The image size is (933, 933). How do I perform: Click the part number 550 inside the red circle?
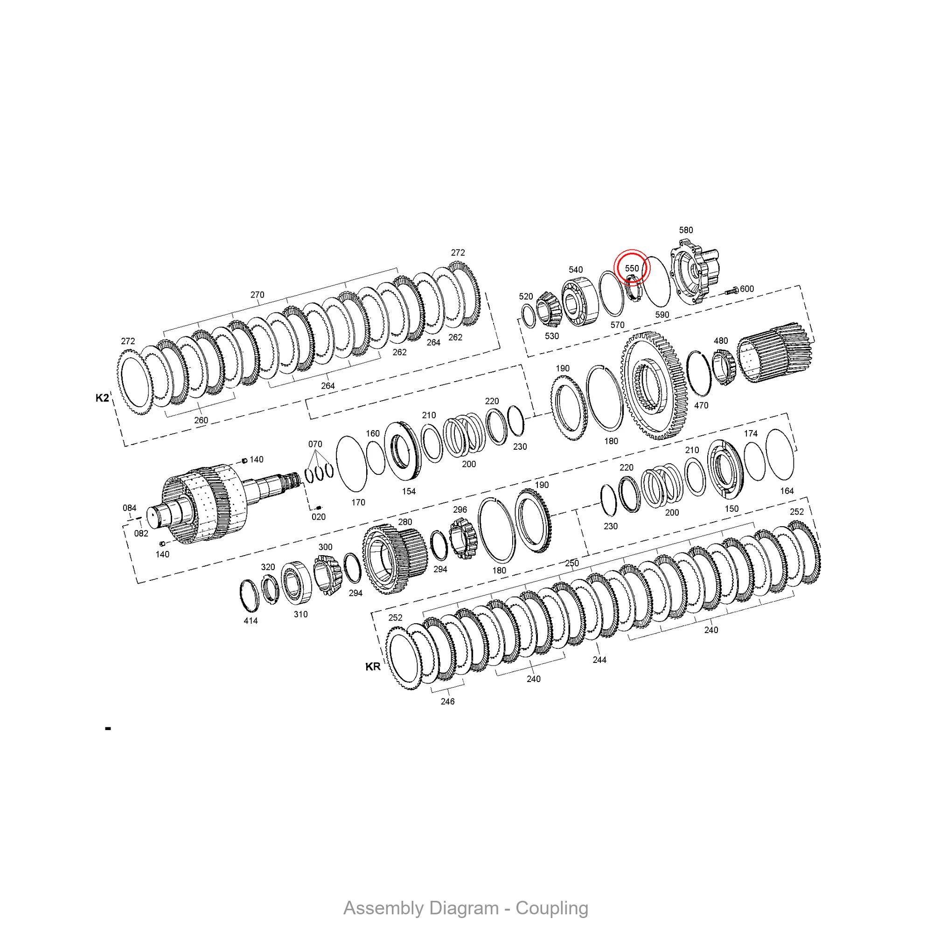(632, 269)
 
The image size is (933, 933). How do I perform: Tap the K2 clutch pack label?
(102, 398)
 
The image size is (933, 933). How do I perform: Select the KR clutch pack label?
(373, 667)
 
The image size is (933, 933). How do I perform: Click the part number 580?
(686, 230)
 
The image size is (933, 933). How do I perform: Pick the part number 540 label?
(576, 270)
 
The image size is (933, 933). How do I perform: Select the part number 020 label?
(319, 517)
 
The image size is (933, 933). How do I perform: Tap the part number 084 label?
(129, 508)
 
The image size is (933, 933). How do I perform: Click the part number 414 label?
(251, 620)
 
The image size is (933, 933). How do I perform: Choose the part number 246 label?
(448, 701)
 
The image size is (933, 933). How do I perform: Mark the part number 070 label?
(315, 444)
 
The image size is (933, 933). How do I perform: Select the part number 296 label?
(460, 509)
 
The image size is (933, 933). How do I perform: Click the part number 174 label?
(751, 434)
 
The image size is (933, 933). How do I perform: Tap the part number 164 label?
(787, 491)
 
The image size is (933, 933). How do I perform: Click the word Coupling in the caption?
(551, 908)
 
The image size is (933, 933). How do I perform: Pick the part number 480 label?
(721, 341)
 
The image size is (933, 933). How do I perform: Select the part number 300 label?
(326, 547)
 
